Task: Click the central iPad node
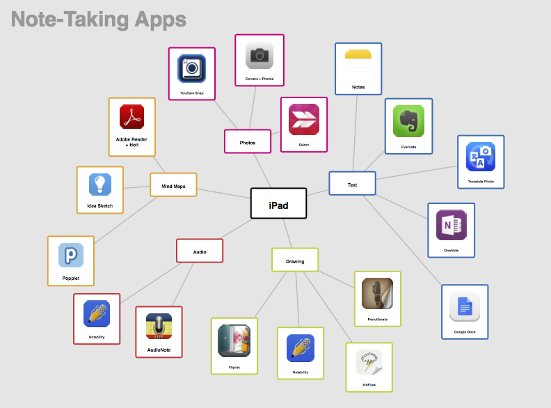[278, 203]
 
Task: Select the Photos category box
[247, 141]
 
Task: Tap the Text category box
[352, 184]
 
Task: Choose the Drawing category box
[295, 260]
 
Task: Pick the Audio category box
[199, 251]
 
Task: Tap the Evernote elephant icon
[408, 121]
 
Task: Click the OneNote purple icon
[451, 226]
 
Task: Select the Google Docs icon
[464, 306]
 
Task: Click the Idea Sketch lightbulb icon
[100, 184]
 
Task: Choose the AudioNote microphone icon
[159, 326]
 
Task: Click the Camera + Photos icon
[259, 55]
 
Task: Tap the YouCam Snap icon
[191, 68]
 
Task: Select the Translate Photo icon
[480, 157]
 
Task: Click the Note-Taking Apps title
[99, 19]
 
